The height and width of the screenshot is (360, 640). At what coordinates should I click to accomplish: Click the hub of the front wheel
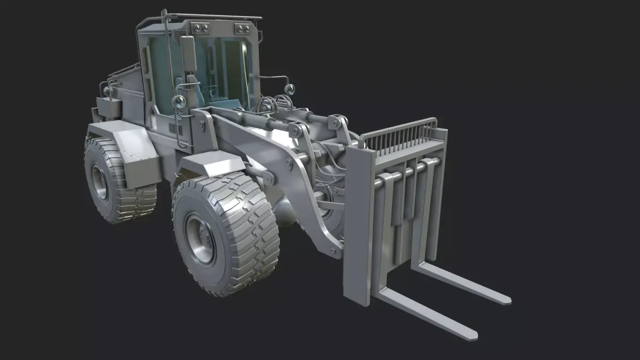[201, 238]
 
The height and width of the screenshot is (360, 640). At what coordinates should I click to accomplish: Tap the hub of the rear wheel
[100, 181]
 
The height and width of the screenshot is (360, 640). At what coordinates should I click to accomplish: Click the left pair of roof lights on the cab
[201, 28]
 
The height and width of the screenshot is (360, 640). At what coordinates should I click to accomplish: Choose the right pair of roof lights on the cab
[242, 28]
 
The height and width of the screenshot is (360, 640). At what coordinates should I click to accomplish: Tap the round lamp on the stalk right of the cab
[290, 88]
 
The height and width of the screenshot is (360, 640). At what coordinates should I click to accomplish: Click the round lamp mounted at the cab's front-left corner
[180, 101]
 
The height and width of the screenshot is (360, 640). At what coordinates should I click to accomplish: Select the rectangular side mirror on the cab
[188, 53]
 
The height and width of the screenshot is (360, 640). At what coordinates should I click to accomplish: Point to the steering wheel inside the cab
[210, 90]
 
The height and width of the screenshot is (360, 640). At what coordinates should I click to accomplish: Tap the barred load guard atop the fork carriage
[403, 137]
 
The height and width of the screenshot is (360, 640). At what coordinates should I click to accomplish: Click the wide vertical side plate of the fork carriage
[358, 224]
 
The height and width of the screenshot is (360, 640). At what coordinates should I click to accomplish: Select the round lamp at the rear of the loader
[107, 91]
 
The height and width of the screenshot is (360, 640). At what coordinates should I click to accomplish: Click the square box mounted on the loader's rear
[109, 107]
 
